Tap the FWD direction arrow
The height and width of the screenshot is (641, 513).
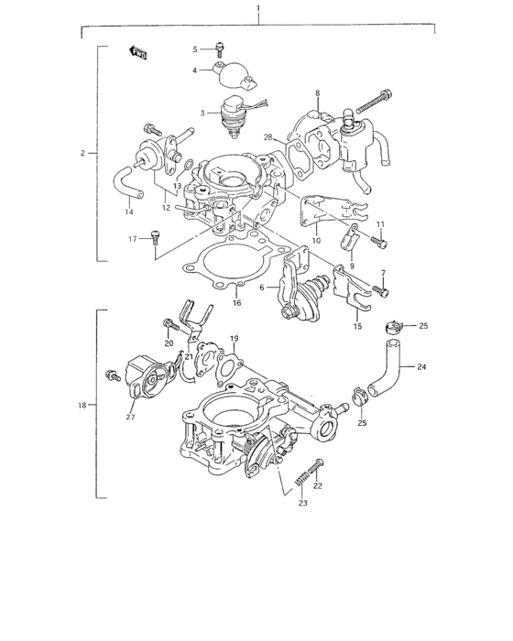click(x=139, y=53)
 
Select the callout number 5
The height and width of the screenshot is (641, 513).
click(x=195, y=48)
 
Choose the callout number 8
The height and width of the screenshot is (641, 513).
click(x=317, y=92)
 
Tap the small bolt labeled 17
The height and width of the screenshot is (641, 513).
click(x=158, y=238)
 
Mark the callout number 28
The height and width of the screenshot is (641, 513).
click(x=268, y=137)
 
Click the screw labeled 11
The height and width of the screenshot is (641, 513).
click(x=378, y=242)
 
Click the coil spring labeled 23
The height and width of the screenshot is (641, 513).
click(x=299, y=480)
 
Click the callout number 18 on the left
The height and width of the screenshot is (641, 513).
click(x=82, y=404)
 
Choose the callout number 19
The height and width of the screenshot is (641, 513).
click(x=235, y=339)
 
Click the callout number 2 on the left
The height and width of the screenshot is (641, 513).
click(x=82, y=153)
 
